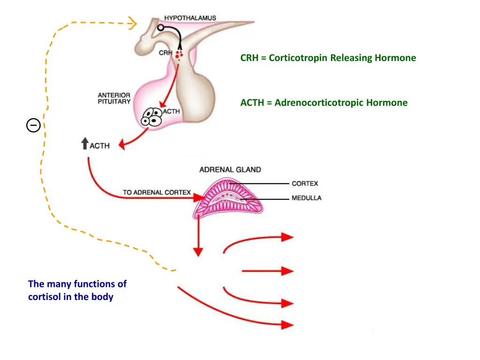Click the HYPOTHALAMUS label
(190, 18)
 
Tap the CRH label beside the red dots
(165, 53)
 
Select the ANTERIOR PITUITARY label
(114, 98)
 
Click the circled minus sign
(33, 125)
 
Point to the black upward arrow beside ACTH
(85, 143)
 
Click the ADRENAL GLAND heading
(230, 170)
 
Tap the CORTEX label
(305, 184)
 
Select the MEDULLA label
(307, 198)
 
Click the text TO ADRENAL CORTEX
(157, 192)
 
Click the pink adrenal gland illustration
(228, 199)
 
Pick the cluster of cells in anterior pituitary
(152, 116)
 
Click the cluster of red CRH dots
(179, 56)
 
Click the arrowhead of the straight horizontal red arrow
(287, 271)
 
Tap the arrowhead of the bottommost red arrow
(287, 324)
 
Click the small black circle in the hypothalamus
(160, 28)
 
